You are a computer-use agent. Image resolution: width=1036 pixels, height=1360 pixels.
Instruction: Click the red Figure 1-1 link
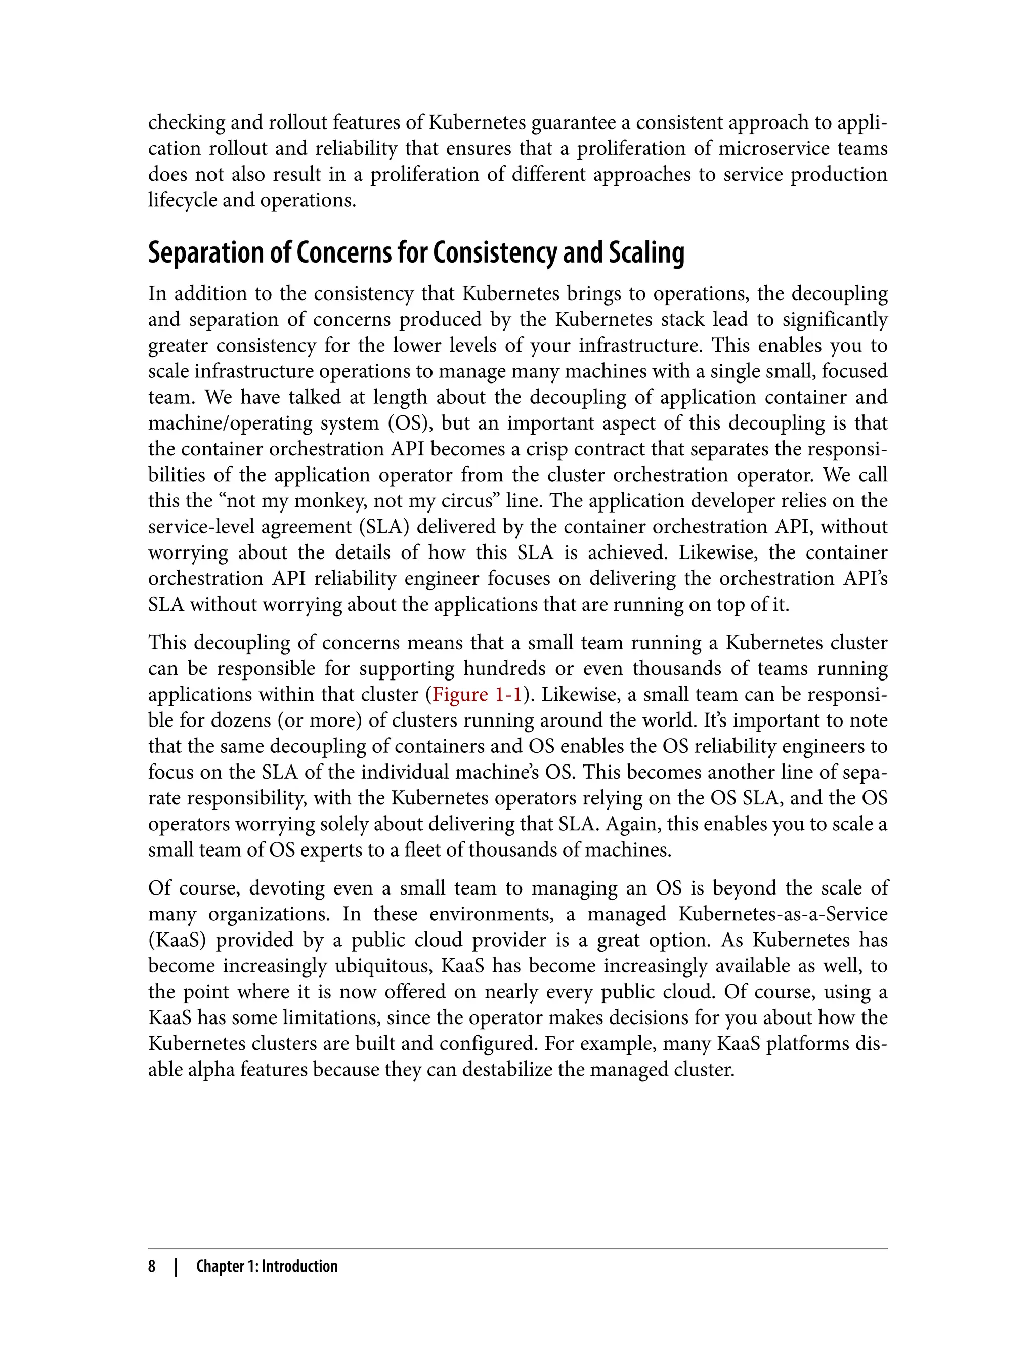click(x=477, y=695)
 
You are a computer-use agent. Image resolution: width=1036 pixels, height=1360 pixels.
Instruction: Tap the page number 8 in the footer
click(x=152, y=1266)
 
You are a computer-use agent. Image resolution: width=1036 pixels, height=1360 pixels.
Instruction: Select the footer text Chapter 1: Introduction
click(x=267, y=1266)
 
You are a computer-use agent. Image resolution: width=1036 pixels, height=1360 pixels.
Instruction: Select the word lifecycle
click(x=182, y=200)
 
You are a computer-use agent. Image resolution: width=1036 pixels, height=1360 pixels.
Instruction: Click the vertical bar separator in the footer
click(x=177, y=1266)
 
